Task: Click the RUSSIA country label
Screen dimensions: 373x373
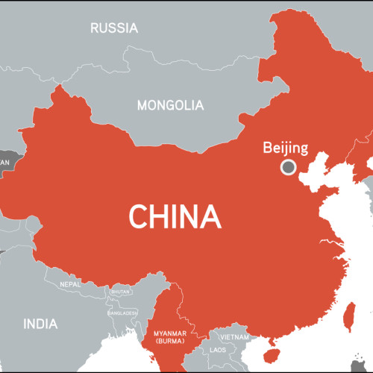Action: coord(114,28)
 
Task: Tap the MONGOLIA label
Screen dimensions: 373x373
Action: coord(170,105)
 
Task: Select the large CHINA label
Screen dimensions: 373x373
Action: coord(176,216)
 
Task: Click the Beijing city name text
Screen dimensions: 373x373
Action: coord(285,148)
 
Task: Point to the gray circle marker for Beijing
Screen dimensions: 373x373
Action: coord(288,168)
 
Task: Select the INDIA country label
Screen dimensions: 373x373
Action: coord(40,324)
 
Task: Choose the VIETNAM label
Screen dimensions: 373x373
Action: coord(234,337)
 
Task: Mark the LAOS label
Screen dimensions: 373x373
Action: coord(218,349)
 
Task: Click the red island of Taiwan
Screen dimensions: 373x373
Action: coord(348,316)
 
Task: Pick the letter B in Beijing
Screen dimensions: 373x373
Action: coord(268,148)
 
